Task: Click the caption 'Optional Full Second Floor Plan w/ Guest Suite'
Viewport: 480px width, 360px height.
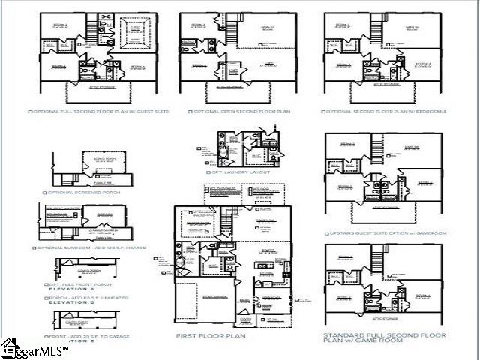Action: (99, 111)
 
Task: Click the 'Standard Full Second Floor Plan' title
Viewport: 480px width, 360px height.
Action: (385, 337)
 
